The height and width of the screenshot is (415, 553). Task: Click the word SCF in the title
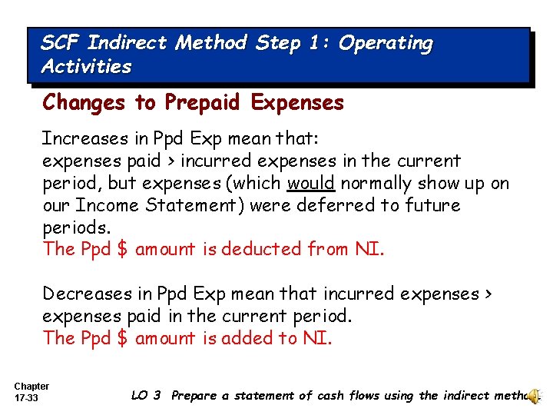tap(61, 43)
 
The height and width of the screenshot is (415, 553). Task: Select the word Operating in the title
tap(386, 44)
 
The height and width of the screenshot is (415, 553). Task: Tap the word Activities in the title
tap(87, 66)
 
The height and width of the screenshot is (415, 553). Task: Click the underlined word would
tap(310, 183)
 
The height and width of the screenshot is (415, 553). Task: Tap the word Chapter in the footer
tap(31, 386)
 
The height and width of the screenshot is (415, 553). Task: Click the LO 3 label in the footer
tap(146, 396)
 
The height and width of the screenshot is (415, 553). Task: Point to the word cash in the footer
tap(325, 396)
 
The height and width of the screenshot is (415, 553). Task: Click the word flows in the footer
tap(362, 396)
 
